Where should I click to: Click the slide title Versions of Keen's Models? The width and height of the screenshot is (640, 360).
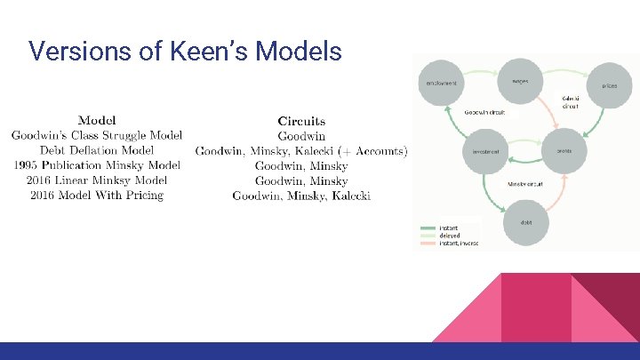185,52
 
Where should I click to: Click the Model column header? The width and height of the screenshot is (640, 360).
96,120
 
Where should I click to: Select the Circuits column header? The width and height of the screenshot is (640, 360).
301,120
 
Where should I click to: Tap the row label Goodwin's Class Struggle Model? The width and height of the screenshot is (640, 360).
96,135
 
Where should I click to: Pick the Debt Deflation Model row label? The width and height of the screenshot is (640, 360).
96,150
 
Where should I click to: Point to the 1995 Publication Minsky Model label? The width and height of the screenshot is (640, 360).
96,165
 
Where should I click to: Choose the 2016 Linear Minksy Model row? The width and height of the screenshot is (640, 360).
96,180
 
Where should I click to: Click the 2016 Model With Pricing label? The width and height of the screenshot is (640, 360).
96,196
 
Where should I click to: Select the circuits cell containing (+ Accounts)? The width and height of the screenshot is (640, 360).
301,150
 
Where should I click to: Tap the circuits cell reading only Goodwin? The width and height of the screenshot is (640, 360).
301,135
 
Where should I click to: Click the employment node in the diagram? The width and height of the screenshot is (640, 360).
442,84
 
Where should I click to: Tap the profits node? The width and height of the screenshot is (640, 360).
563,152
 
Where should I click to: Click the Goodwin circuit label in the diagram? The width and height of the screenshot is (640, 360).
484,112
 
